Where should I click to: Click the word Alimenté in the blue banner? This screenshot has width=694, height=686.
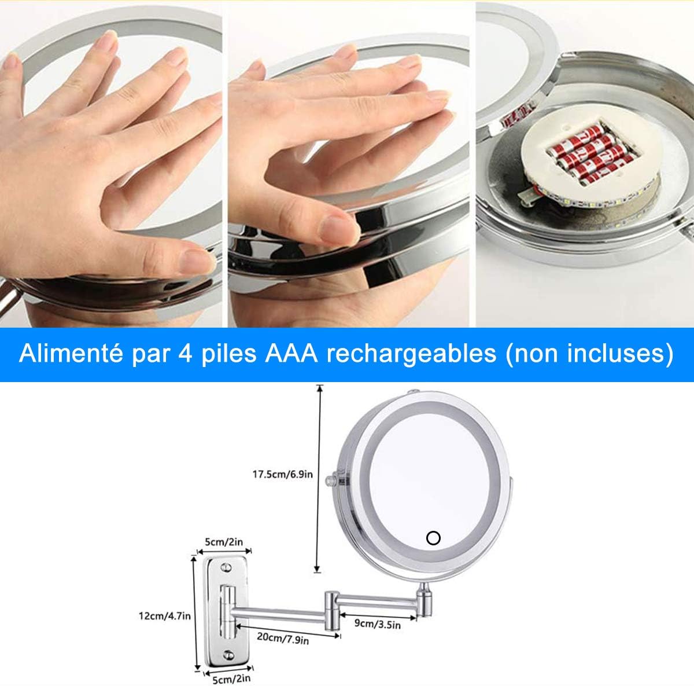[71, 354]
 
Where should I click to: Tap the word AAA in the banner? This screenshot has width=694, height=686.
[291, 354]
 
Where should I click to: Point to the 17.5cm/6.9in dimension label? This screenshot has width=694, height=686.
[282, 474]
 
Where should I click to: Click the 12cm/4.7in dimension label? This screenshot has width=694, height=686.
[165, 616]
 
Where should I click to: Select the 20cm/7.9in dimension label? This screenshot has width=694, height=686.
[283, 639]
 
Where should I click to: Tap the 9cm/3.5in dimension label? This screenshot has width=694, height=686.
[378, 623]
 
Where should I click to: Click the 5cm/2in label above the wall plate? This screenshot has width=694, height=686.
[224, 542]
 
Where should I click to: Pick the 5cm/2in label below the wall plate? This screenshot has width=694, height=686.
[231, 679]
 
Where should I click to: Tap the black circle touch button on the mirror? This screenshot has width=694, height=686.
[433, 538]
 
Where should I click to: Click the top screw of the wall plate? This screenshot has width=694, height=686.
[227, 567]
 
